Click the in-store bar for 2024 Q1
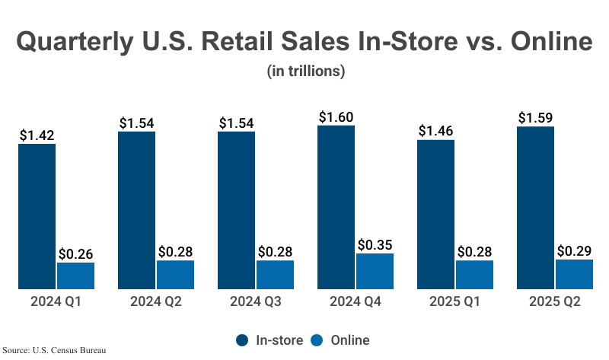(37, 216)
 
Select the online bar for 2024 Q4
(375, 271)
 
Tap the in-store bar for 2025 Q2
(535, 208)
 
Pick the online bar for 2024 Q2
(175, 275)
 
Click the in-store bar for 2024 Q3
(236, 210)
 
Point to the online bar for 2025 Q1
(474, 275)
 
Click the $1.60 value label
(336, 117)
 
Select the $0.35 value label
(375, 245)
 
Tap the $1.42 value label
(37, 135)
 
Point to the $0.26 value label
(75, 254)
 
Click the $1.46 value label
(435, 131)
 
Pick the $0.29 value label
(574, 250)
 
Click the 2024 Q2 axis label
(156, 302)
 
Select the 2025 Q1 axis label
(455, 302)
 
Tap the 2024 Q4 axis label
(356, 302)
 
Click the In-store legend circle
(243, 339)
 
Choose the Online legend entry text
(350, 339)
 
